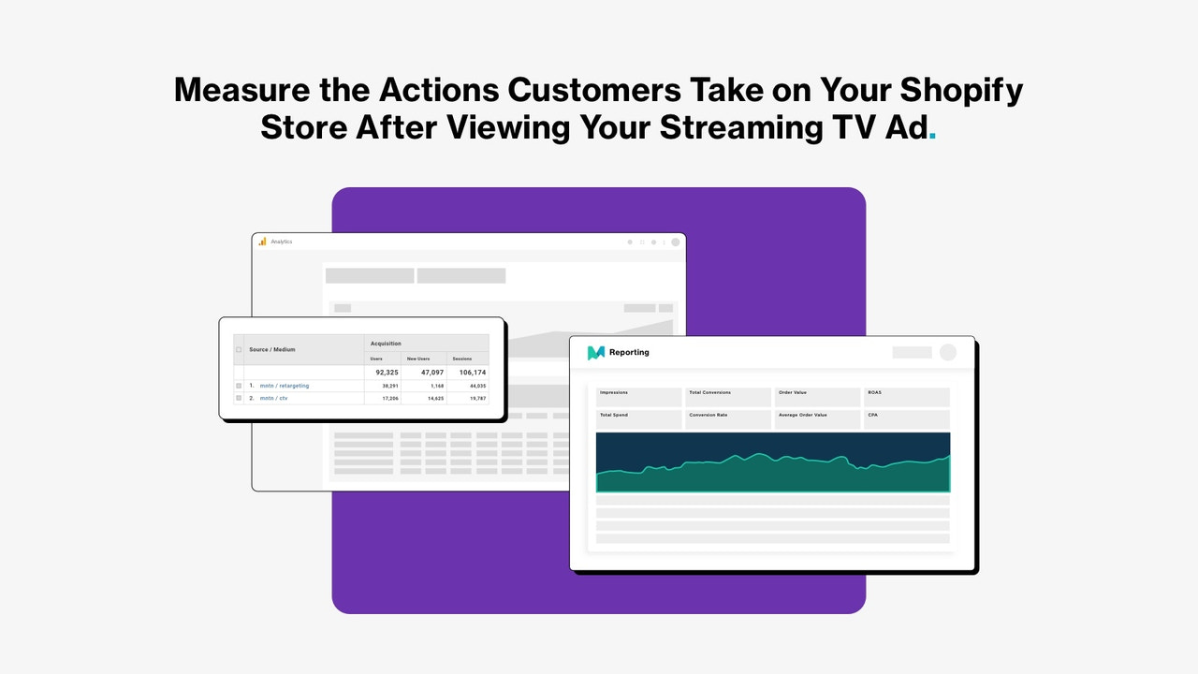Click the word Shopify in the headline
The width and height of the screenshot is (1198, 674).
click(x=961, y=90)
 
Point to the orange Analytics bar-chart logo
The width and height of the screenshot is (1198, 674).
click(x=263, y=242)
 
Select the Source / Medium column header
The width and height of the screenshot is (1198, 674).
click(x=272, y=349)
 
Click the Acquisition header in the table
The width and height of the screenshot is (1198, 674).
click(x=386, y=344)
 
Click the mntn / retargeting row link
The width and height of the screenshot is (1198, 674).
click(x=285, y=386)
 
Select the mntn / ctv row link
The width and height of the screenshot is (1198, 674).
click(x=274, y=398)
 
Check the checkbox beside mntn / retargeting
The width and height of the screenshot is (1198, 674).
click(x=239, y=386)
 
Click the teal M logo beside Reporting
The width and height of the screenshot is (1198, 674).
click(x=596, y=353)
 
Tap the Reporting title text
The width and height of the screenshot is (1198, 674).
click(x=630, y=353)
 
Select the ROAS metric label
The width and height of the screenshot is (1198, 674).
click(x=875, y=392)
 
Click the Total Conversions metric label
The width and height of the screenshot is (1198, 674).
click(x=709, y=392)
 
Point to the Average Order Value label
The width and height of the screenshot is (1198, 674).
click(x=802, y=415)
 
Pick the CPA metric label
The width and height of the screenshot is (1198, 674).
click(x=872, y=415)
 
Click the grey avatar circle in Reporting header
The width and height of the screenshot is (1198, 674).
click(x=948, y=352)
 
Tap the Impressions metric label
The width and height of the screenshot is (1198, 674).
click(x=614, y=392)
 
